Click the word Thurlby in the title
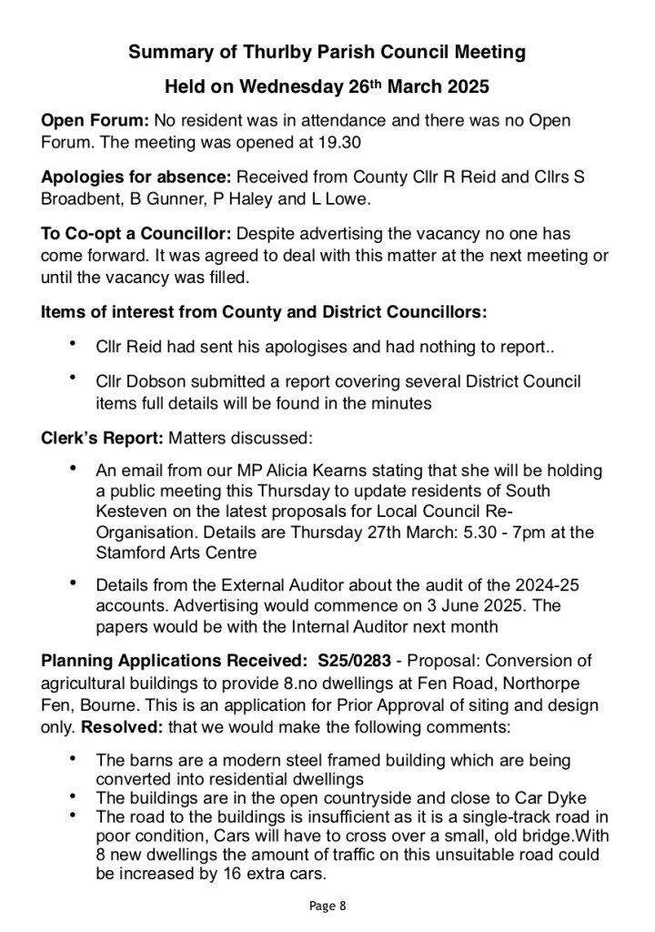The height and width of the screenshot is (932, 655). tap(278, 53)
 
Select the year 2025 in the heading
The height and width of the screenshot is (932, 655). tap(464, 88)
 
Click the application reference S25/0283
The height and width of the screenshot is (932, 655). tap(362, 662)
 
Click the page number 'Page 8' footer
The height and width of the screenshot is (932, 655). tap(327, 906)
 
